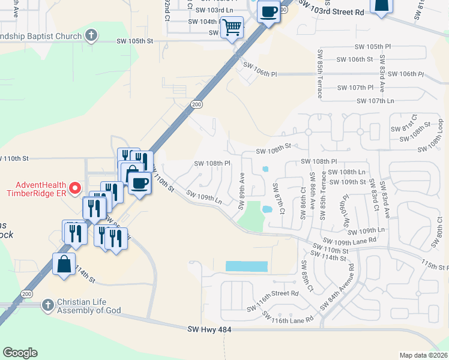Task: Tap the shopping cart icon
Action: [232, 26]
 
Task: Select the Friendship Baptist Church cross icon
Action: [91, 35]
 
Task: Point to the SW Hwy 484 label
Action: [209, 329]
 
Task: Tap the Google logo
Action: [20, 353]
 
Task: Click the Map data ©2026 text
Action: [423, 355]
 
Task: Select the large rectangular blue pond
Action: [247, 266]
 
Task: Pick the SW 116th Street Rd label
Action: [273, 294]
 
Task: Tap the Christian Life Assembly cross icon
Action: [47, 305]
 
